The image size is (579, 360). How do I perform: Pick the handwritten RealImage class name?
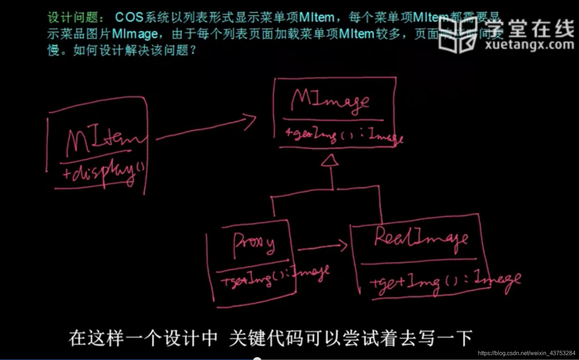(x=421, y=238)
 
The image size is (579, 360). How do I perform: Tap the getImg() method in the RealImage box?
(x=444, y=281)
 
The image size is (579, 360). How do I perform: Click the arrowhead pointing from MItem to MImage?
(x=251, y=121)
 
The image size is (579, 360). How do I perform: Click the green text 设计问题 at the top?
(x=73, y=17)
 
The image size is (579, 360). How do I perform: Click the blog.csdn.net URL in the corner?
(x=526, y=353)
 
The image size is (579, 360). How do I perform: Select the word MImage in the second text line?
(x=135, y=34)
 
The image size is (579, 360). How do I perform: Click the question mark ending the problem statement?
(x=193, y=50)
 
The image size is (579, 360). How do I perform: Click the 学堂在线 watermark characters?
(x=530, y=28)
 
